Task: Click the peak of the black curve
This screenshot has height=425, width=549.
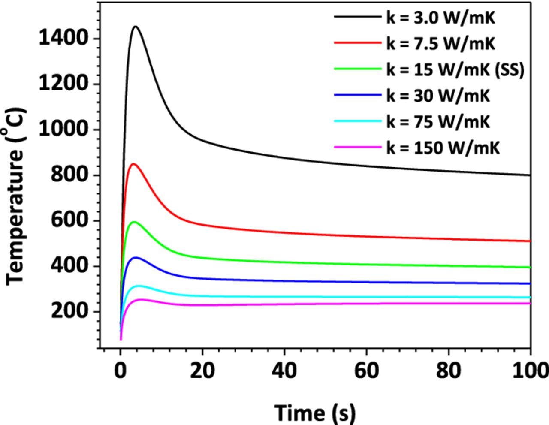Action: coord(136,27)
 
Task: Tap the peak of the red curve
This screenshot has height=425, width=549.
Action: coord(133,164)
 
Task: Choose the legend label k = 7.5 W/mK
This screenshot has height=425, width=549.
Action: coord(440,43)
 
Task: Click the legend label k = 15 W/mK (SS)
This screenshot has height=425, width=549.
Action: coord(455,69)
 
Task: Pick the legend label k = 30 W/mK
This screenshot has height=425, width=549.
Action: coord(438,96)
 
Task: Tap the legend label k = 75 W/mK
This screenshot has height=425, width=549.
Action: coord(438,122)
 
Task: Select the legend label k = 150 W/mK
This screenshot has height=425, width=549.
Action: coord(443,148)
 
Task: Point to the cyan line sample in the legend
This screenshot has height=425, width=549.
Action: coord(357,122)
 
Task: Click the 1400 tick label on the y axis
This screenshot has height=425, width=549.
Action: coord(63,39)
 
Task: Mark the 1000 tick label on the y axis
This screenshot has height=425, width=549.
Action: coord(63,130)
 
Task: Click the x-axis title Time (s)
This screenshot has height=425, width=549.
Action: coord(315,413)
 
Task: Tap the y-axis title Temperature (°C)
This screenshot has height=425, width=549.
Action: coord(16,196)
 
